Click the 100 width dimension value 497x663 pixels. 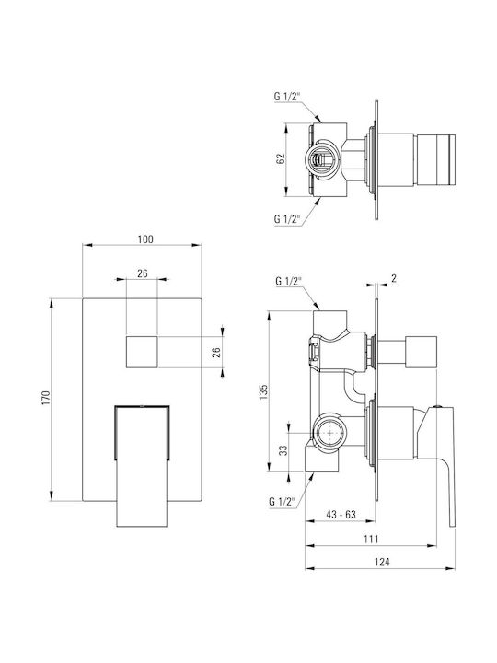click(145, 238)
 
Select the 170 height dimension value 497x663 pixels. click(46, 398)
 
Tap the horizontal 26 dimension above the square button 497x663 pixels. click(143, 273)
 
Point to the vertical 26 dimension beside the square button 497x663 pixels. click(216, 352)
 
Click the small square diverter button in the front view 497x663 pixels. click(142, 352)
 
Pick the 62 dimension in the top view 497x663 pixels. click(280, 158)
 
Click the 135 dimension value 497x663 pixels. click(264, 392)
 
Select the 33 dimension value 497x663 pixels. click(283, 450)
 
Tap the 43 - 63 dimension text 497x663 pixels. click(341, 514)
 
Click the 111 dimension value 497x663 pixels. click(371, 539)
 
